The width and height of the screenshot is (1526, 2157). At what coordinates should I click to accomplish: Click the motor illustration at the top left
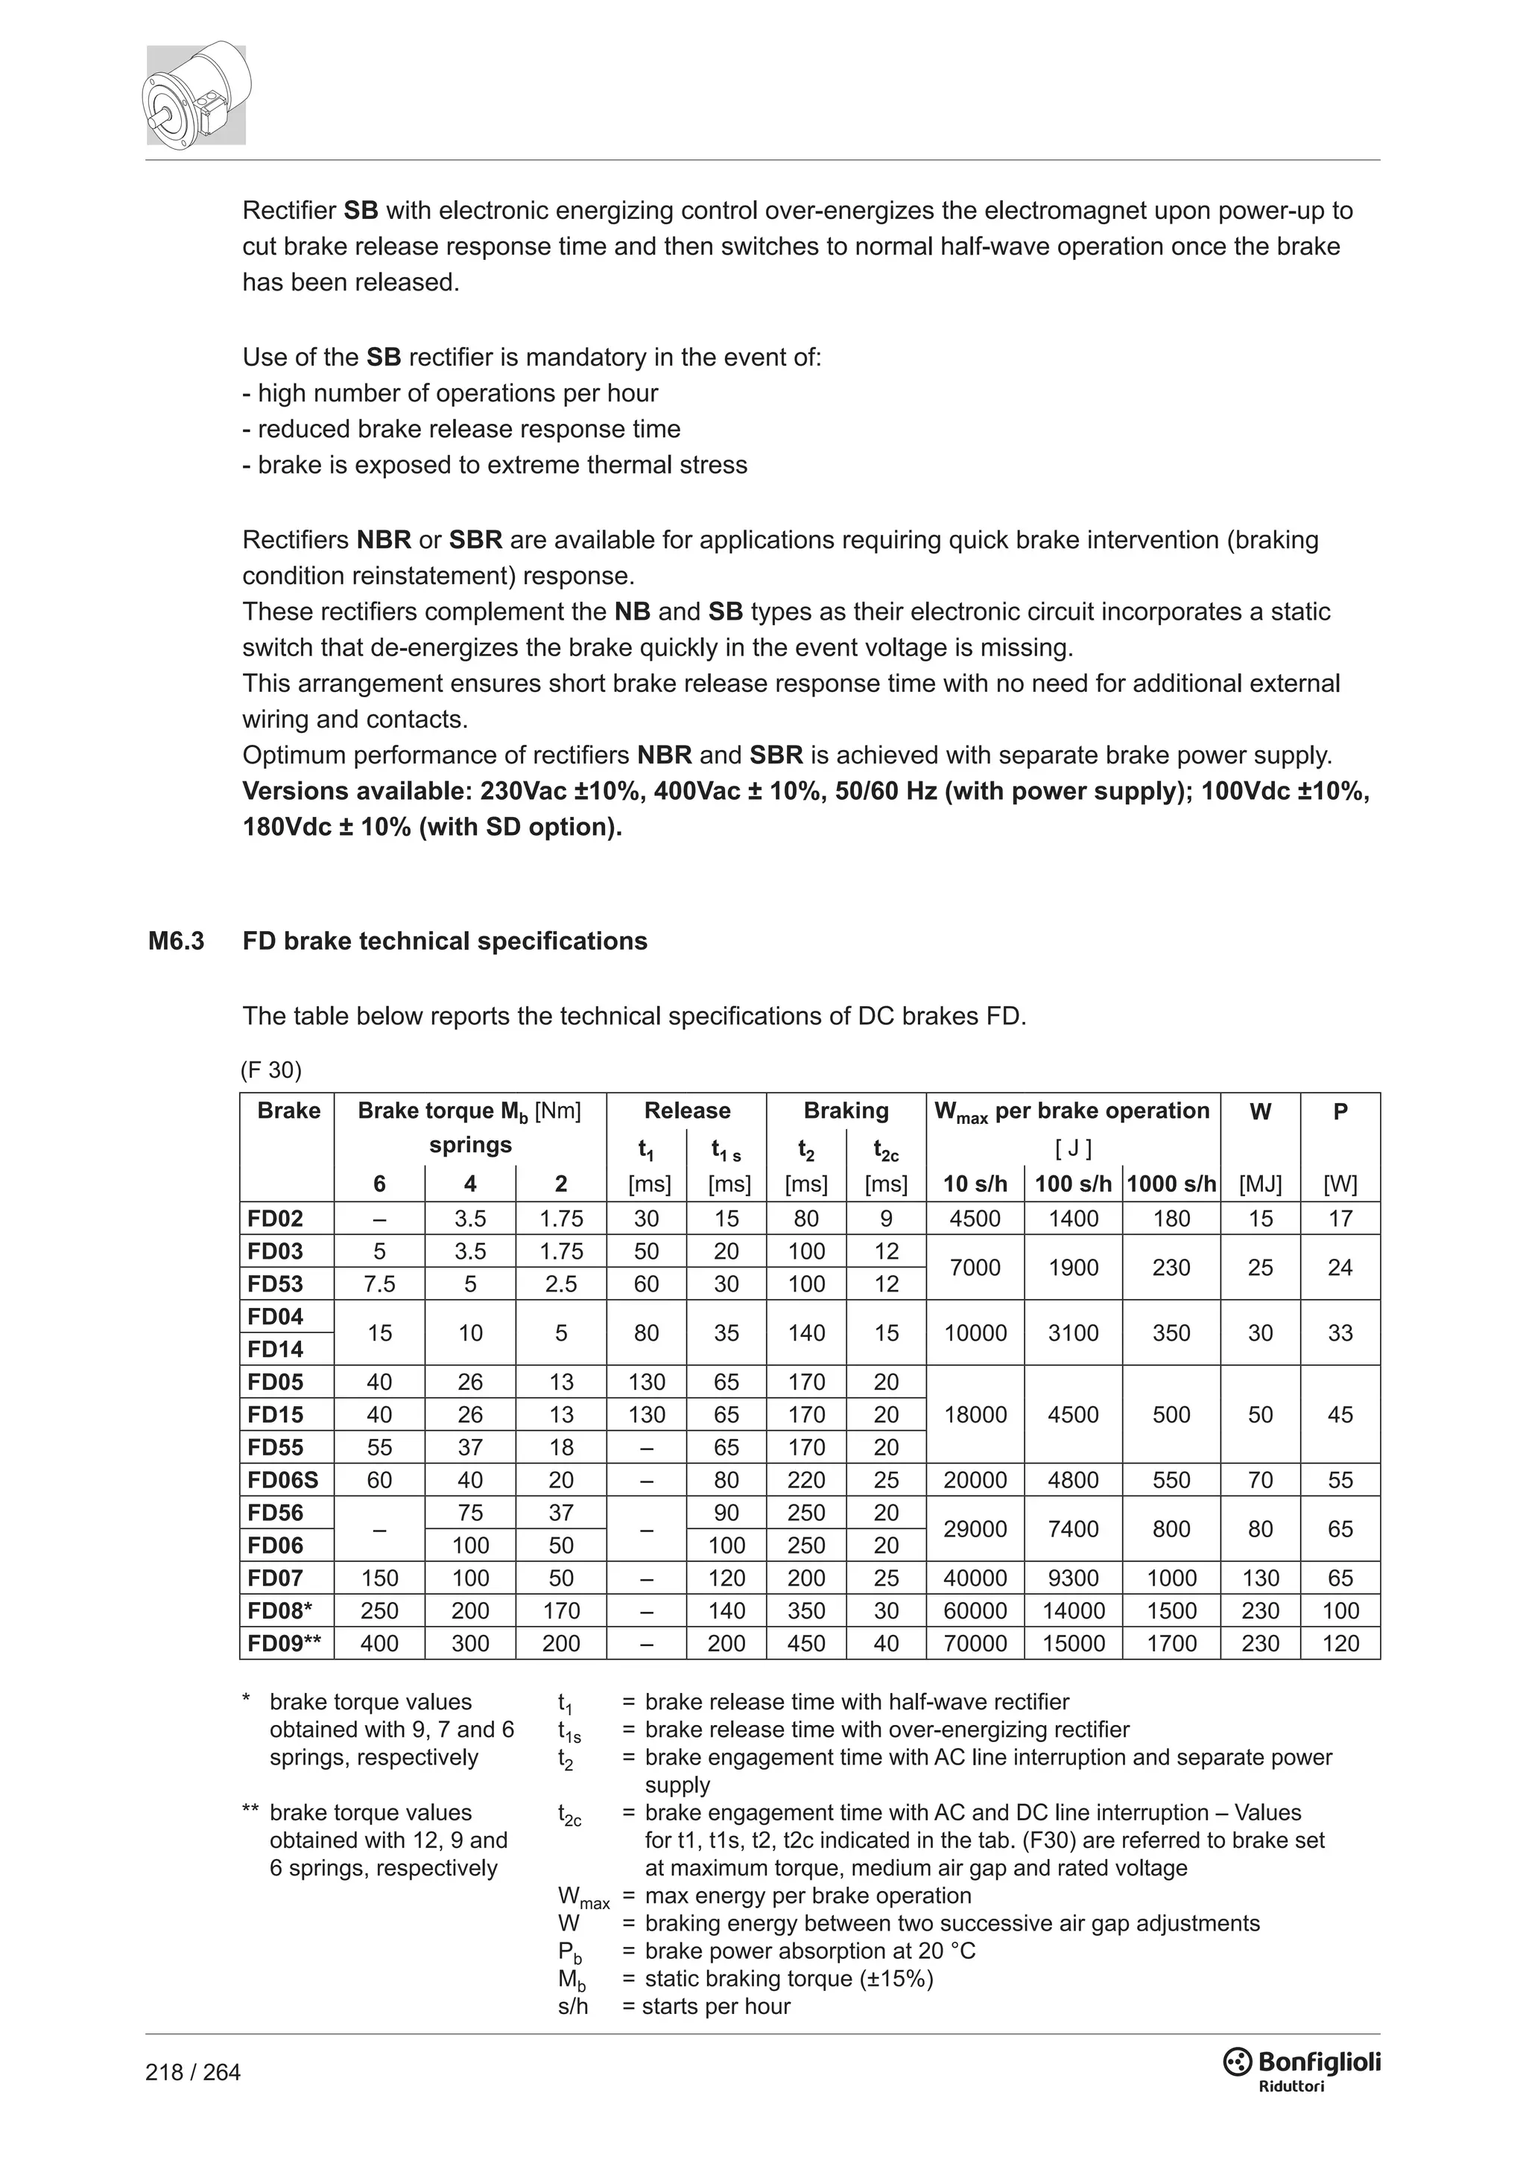pos(197,94)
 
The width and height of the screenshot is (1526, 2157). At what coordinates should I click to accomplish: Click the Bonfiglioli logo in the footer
pos(1302,2064)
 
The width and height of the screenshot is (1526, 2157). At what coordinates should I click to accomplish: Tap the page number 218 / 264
pos(193,2071)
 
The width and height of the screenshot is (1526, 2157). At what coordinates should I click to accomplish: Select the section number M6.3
pos(176,941)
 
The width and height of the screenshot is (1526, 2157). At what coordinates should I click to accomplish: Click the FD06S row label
pos(283,1480)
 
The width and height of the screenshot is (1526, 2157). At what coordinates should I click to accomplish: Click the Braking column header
pos(846,1111)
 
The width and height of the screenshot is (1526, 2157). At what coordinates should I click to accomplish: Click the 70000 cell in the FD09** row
pos(975,1643)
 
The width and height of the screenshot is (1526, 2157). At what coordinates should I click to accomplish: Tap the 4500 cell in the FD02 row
pos(975,1219)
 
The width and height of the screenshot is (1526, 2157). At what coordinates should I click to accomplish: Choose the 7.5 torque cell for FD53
pos(379,1283)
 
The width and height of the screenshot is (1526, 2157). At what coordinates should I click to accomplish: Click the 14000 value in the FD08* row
pos(1073,1610)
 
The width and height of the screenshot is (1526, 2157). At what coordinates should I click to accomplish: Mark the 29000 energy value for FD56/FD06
pos(975,1528)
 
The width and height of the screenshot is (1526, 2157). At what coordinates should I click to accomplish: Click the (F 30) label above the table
pos(270,1070)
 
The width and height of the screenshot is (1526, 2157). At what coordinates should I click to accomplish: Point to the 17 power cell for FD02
pos(1340,1219)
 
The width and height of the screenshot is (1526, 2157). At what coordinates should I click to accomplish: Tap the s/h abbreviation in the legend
pos(572,2007)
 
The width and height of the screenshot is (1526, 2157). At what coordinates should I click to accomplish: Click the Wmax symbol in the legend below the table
pos(583,1898)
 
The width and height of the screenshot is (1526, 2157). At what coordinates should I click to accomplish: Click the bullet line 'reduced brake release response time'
pos(461,429)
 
